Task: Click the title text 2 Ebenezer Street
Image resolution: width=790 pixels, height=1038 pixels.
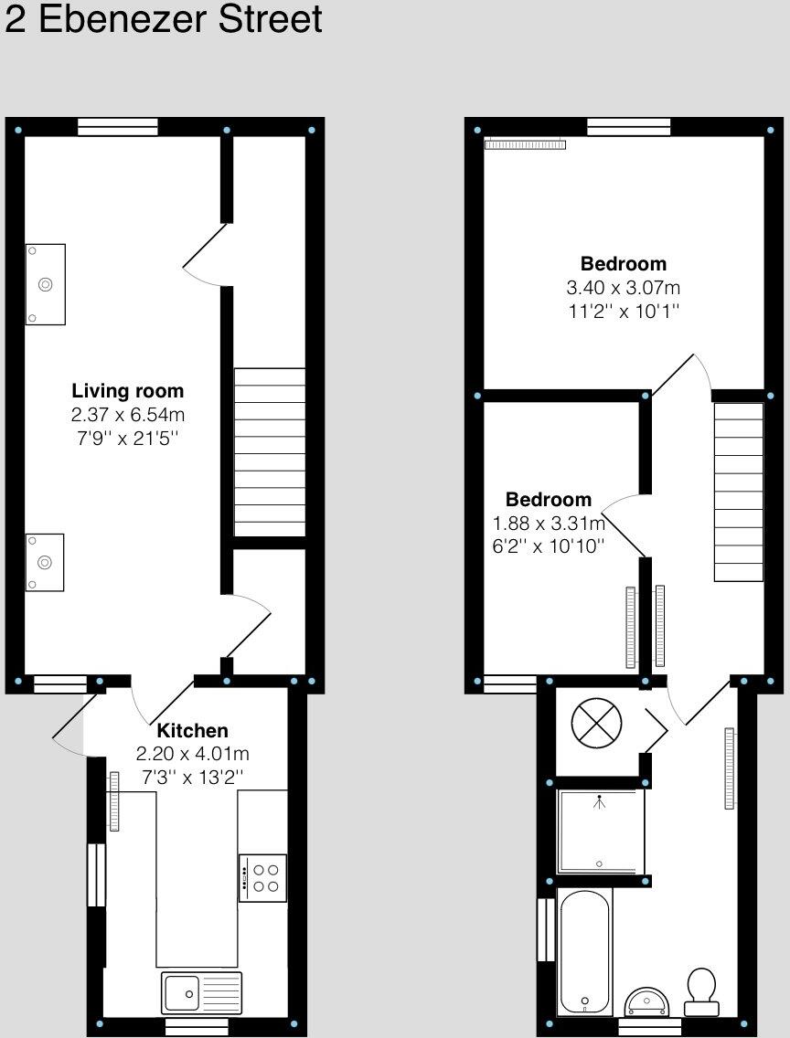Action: pos(164,20)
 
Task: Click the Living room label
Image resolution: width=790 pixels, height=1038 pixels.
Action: pos(128,391)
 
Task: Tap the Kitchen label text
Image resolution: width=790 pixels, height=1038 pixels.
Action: pos(192,731)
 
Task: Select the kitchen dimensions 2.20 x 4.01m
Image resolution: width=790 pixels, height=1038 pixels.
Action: pos(192,755)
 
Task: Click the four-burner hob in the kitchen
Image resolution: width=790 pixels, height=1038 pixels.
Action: pos(262,878)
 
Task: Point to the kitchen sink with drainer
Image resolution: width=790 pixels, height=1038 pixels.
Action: pos(202,992)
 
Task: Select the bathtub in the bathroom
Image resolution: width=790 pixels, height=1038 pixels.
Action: pos(584,951)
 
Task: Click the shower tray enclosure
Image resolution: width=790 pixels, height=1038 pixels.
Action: pos(601,831)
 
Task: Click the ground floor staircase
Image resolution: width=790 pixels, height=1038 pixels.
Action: pos(270,451)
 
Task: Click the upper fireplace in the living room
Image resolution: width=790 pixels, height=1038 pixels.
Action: pos(46,284)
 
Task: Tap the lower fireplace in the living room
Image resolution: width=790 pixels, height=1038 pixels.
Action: pos(45,562)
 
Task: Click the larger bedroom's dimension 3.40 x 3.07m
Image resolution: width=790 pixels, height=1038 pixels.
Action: pos(624,288)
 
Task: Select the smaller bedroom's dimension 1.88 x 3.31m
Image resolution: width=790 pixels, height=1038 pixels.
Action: pos(549,524)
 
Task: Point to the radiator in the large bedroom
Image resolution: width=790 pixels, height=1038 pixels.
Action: pos(525,143)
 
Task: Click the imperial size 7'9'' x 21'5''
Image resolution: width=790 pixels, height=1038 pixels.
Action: pos(128,439)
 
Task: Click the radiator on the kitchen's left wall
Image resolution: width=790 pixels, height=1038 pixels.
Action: pos(114,801)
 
